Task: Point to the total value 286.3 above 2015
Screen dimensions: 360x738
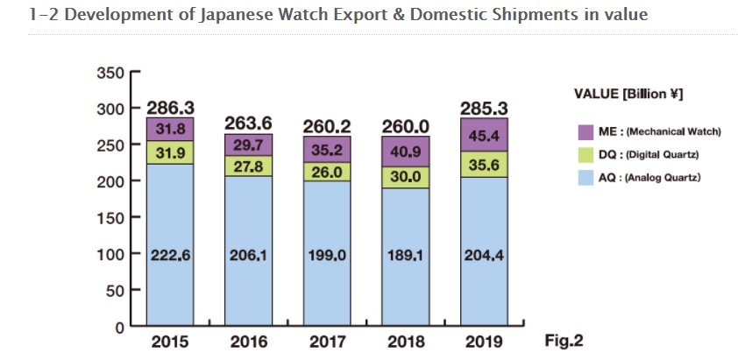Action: [171, 109]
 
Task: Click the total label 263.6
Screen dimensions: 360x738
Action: [248, 124]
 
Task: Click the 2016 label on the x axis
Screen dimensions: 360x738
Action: [249, 341]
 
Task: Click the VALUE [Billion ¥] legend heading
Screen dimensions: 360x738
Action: [628, 94]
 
